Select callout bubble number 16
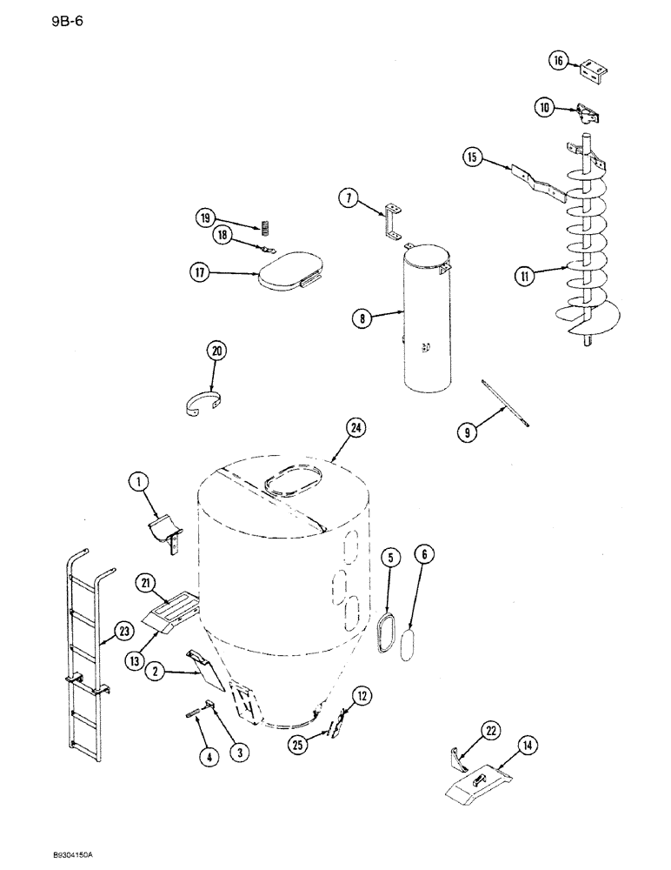559,60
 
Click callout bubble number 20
215,351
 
